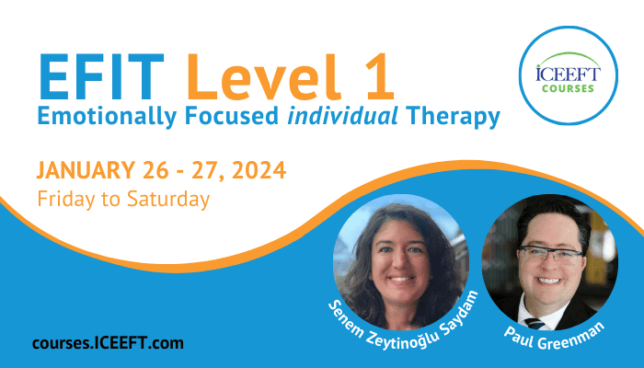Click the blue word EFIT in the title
point(101,77)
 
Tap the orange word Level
point(263,76)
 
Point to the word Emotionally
point(107,117)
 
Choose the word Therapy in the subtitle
point(453,117)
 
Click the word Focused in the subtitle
point(232,116)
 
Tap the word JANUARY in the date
point(86,170)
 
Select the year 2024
point(259,170)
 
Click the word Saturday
point(168,200)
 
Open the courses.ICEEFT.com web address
point(108,343)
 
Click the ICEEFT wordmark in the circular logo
point(568,74)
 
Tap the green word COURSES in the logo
point(568,88)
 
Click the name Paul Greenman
point(554,336)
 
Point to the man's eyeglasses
point(550,255)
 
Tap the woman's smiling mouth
point(400,280)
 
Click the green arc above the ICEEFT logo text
point(569,55)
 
